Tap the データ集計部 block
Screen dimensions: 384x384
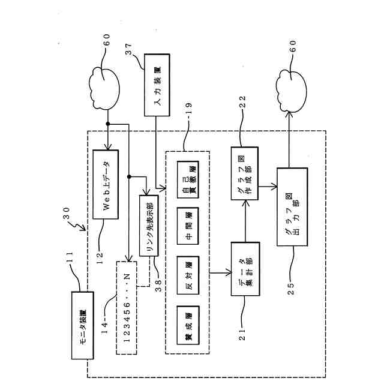pyautogui.click(x=245, y=273)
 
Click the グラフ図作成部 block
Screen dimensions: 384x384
pyautogui.click(x=245, y=173)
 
